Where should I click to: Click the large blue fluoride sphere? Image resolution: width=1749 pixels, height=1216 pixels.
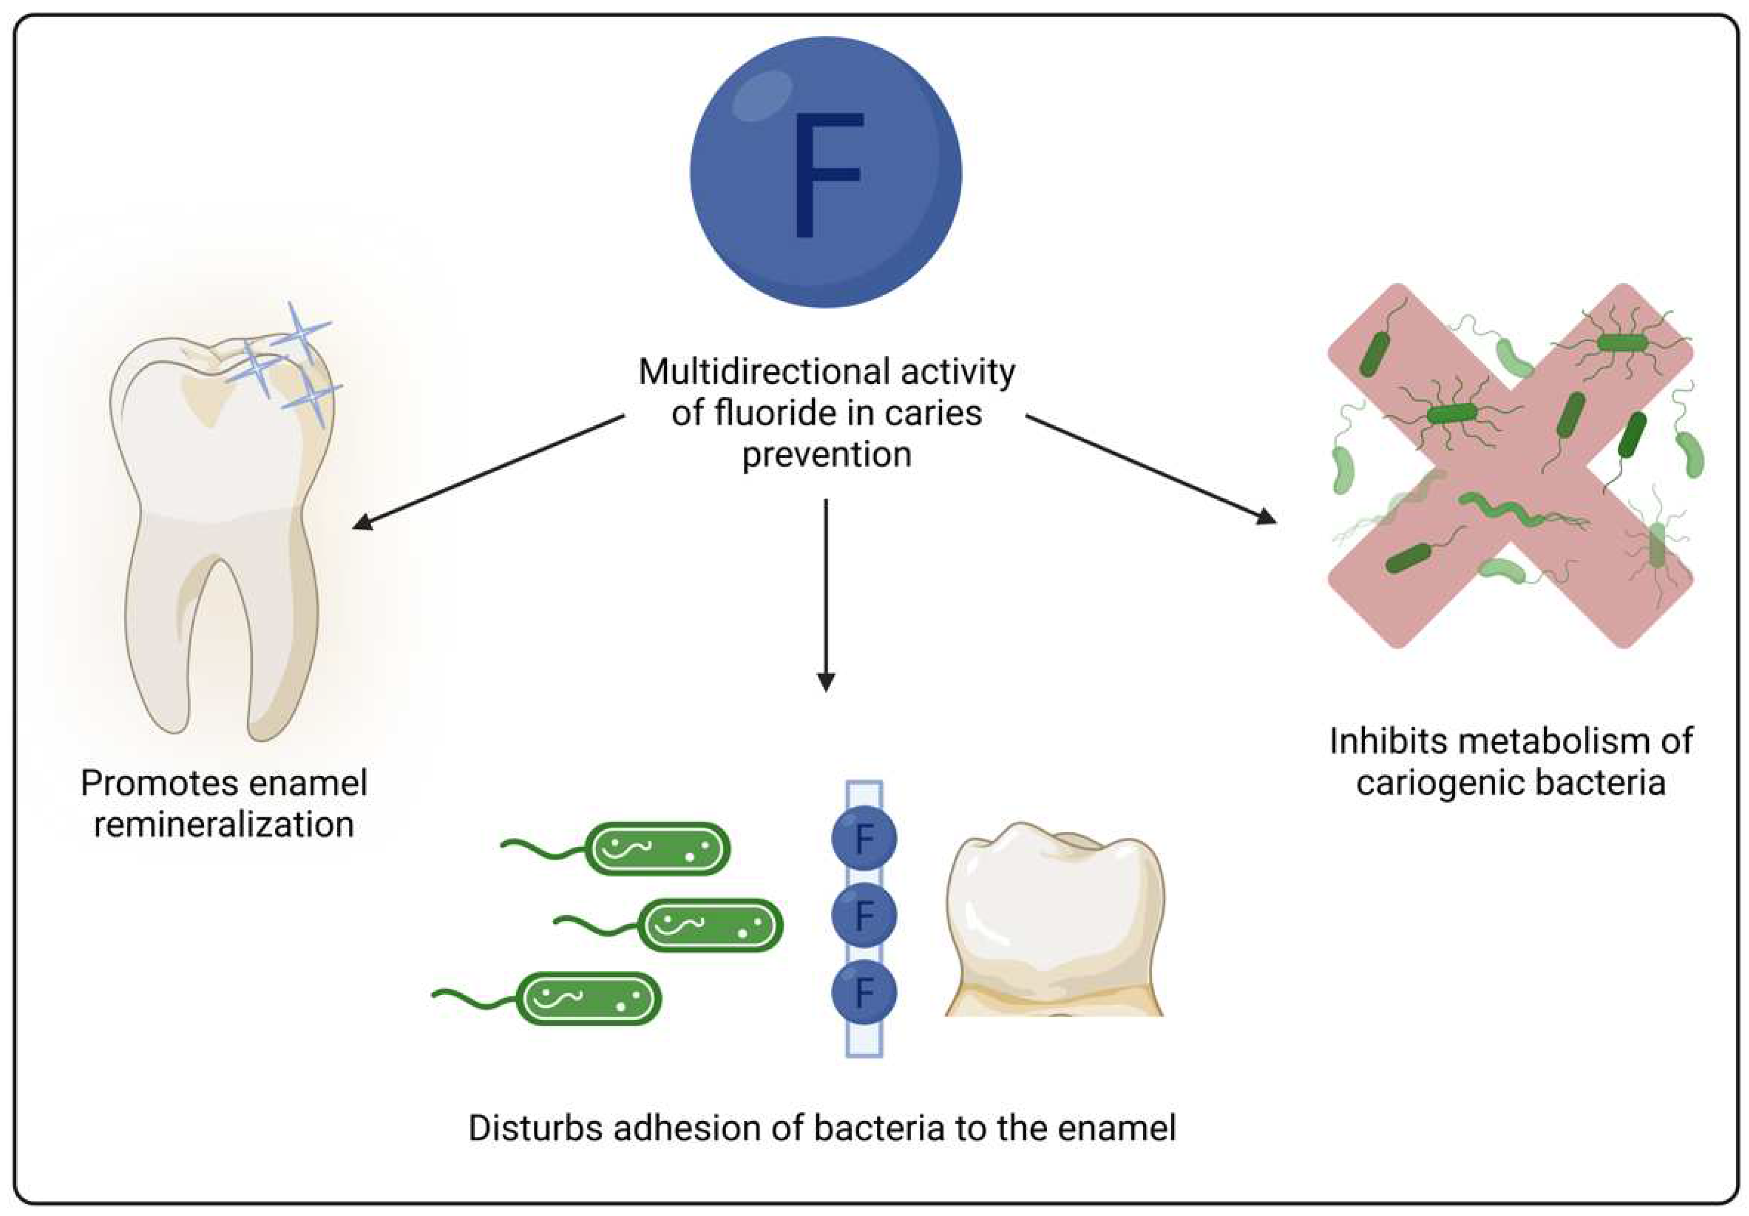point(826,172)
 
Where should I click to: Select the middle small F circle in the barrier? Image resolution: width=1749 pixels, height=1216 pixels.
point(864,915)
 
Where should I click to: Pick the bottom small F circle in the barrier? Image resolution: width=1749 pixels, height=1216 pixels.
point(864,992)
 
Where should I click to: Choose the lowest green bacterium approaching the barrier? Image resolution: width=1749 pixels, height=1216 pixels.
point(588,998)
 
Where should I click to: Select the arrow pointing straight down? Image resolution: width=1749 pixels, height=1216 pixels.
point(826,594)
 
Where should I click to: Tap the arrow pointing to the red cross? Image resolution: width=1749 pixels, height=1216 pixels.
point(1150,469)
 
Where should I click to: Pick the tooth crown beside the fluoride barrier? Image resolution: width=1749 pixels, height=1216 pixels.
point(1054,921)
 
